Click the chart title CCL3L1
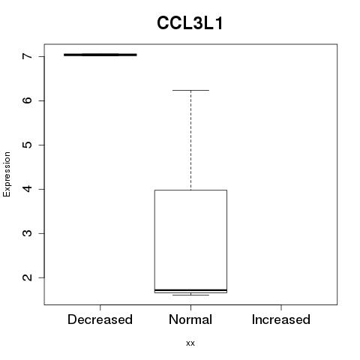click(190, 23)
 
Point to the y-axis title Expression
click(7, 174)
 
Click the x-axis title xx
click(190, 343)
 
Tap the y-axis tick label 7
click(27, 56)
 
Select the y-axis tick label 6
click(27, 100)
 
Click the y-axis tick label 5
click(27, 145)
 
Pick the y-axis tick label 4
click(27, 189)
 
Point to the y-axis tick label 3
click(27, 233)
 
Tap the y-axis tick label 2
click(27, 277)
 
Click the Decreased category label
click(100, 319)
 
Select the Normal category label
click(190, 319)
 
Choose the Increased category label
click(281, 319)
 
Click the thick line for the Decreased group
click(100, 55)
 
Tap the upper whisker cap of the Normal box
click(190, 90)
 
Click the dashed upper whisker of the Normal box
click(191, 140)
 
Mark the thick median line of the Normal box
click(190, 290)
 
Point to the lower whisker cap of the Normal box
click(190, 295)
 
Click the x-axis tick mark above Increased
click(281, 307)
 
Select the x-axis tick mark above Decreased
click(100, 307)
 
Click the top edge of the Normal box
click(190, 190)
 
